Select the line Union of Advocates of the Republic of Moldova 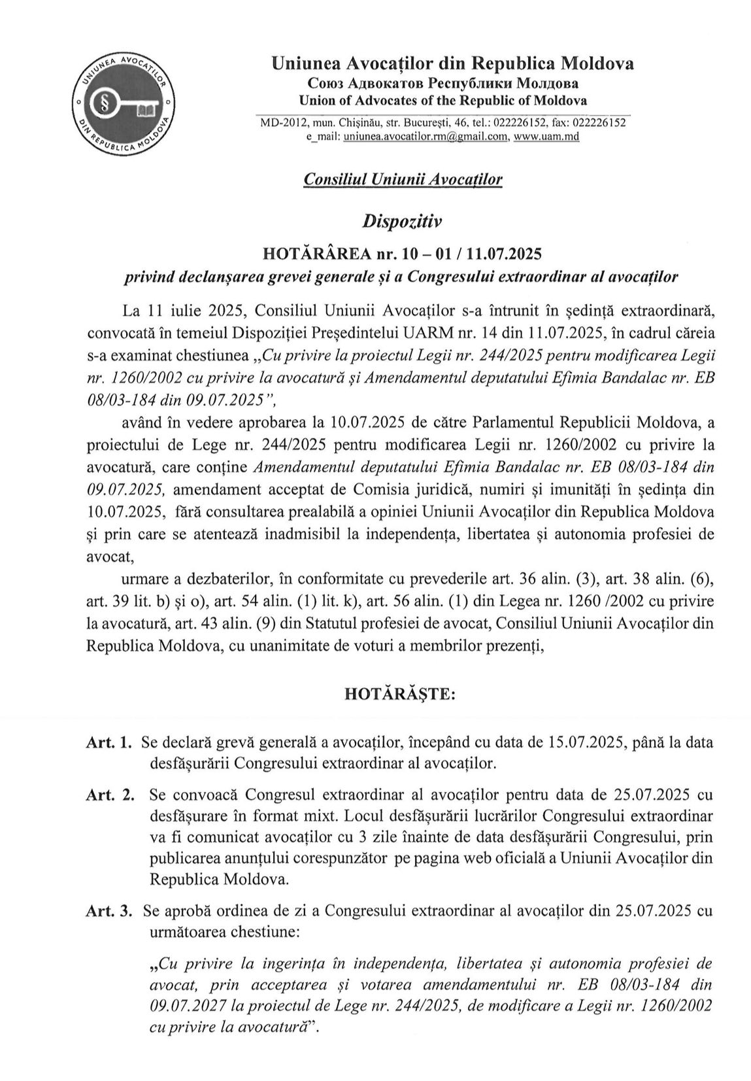442,100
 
